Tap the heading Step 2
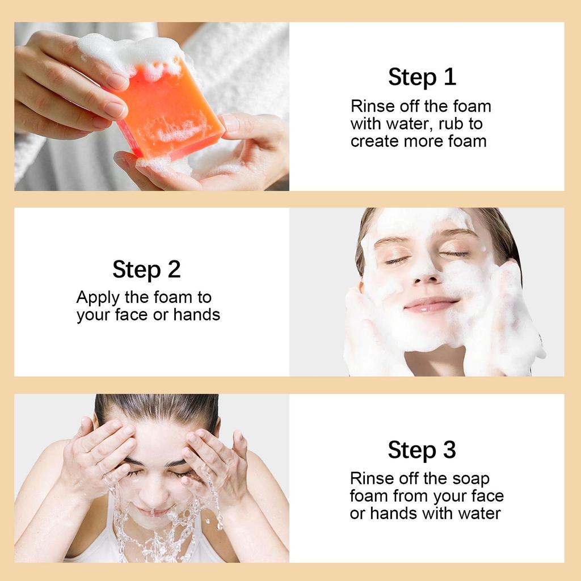[146, 269]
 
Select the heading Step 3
[422, 450]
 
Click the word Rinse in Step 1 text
[371, 106]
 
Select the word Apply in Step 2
[97, 297]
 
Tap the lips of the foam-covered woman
[431, 305]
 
